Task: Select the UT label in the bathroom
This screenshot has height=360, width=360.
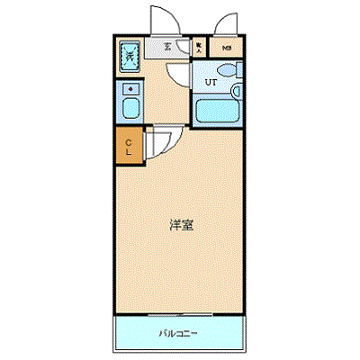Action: (211, 83)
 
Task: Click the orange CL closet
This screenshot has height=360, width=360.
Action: (128, 147)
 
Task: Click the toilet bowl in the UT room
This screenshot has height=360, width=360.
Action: (227, 69)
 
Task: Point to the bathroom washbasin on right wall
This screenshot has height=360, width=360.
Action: (238, 92)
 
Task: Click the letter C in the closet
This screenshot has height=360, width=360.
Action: (128, 141)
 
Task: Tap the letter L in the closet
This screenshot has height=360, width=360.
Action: (128, 152)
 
